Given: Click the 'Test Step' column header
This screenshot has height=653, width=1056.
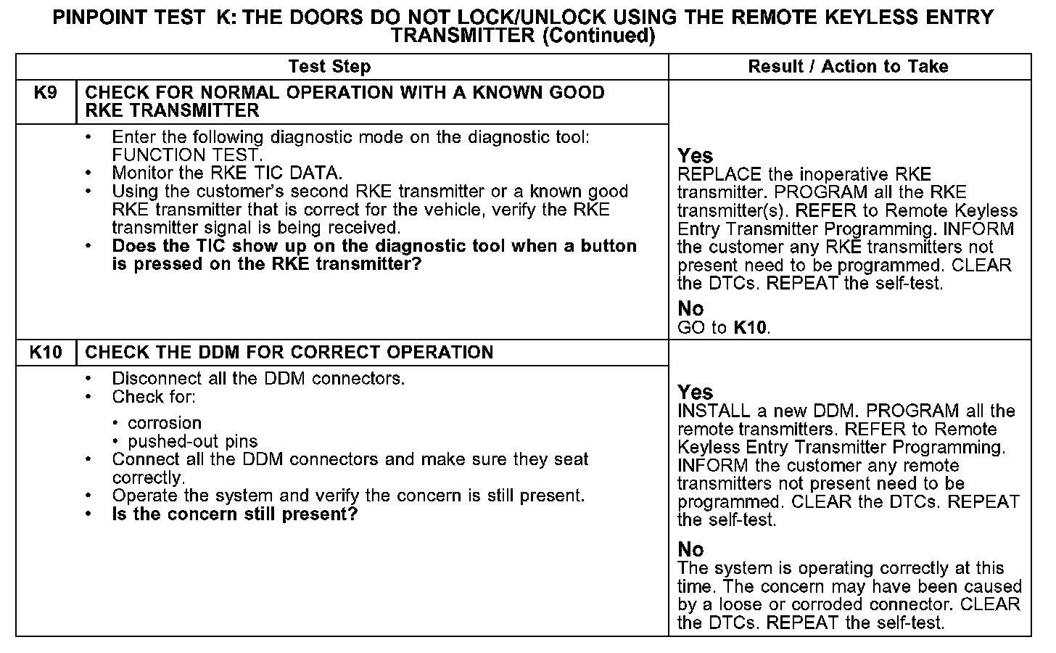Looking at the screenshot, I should click(x=329, y=67).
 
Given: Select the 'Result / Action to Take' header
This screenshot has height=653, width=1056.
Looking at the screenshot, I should click(x=848, y=67).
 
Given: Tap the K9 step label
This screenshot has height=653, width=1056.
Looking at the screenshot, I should click(x=45, y=93).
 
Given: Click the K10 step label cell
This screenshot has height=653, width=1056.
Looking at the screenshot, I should click(x=45, y=353).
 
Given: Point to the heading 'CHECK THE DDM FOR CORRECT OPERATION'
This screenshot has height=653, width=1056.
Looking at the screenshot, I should click(x=289, y=353).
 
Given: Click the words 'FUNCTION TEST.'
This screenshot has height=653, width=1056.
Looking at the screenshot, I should click(x=186, y=155).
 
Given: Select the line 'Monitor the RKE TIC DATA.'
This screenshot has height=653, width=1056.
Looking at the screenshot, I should click(x=226, y=173).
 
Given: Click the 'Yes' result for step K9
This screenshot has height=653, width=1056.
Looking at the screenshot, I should click(x=695, y=156).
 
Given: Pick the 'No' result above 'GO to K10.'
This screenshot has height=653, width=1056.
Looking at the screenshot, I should click(x=690, y=309).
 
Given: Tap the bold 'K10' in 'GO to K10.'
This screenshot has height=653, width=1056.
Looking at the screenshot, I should click(x=750, y=328).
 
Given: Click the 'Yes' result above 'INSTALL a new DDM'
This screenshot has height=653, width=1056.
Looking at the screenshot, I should click(x=695, y=393).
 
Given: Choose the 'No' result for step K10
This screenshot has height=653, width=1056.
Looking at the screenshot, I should click(x=690, y=549).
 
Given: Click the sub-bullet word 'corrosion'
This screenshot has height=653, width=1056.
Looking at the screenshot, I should click(x=165, y=423).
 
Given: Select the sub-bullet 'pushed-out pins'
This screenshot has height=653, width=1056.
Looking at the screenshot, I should click(x=192, y=441).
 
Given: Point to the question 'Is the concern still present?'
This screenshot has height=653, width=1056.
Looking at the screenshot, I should click(x=234, y=514).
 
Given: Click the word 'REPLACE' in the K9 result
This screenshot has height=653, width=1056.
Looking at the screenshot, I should click(x=719, y=175).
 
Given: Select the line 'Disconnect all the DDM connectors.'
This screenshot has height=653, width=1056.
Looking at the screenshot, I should click(x=258, y=379).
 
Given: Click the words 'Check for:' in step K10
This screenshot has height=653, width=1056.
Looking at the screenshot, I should click(x=154, y=397).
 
